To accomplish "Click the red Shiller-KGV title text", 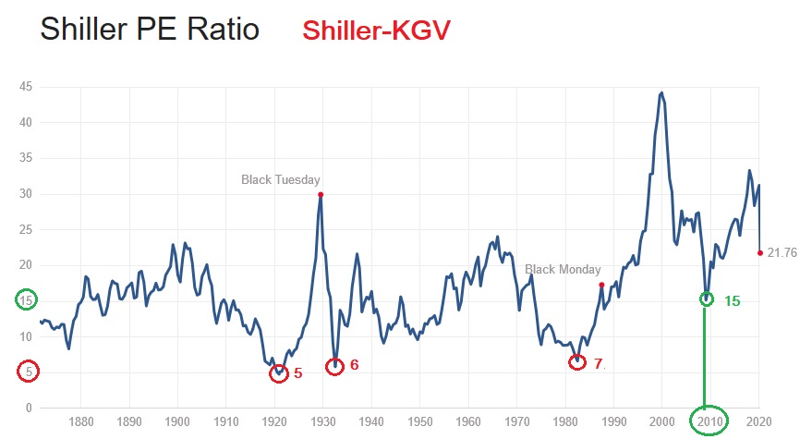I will click(376, 30).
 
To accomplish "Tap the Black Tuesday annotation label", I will click(281, 179).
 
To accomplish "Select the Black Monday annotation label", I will click(563, 270).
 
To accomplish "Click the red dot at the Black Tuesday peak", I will click(321, 194).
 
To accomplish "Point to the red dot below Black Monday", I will click(601, 285).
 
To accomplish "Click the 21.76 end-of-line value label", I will click(782, 253).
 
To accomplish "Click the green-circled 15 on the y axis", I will click(28, 300).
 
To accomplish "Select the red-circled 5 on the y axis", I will click(28, 372).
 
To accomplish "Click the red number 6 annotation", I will click(354, 365).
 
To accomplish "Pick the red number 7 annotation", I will click(598, 364).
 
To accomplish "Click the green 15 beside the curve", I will click(732, 301).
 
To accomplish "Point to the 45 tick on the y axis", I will click(28, 86).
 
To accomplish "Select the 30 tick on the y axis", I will click(28, 194).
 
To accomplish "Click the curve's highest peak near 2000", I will click(661, 92).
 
